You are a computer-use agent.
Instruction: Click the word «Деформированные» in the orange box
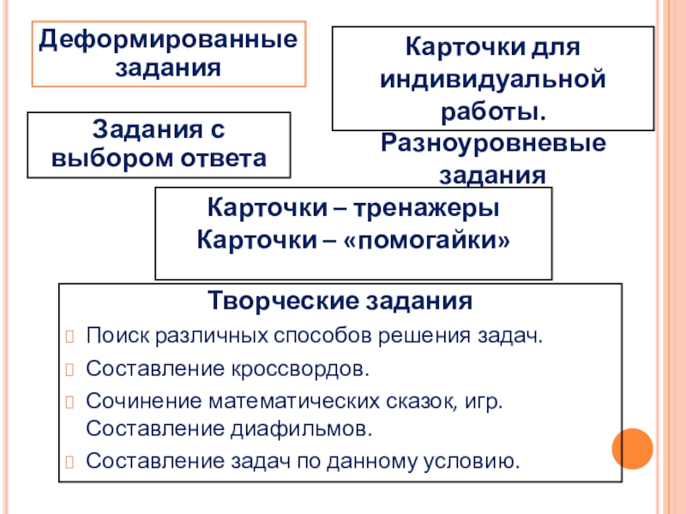tap(169, 40)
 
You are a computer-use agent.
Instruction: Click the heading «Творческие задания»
tap(340, 303)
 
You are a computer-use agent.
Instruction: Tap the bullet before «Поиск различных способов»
tap(70, 335)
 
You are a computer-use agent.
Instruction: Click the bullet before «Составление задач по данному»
tap(70, 463)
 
